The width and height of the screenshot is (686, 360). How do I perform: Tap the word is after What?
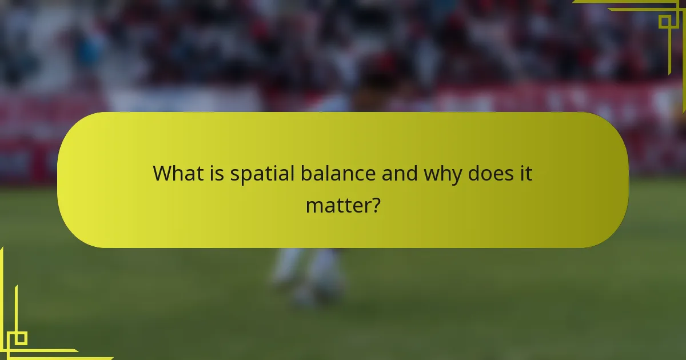215,173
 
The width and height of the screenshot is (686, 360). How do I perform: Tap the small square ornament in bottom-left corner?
21,338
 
